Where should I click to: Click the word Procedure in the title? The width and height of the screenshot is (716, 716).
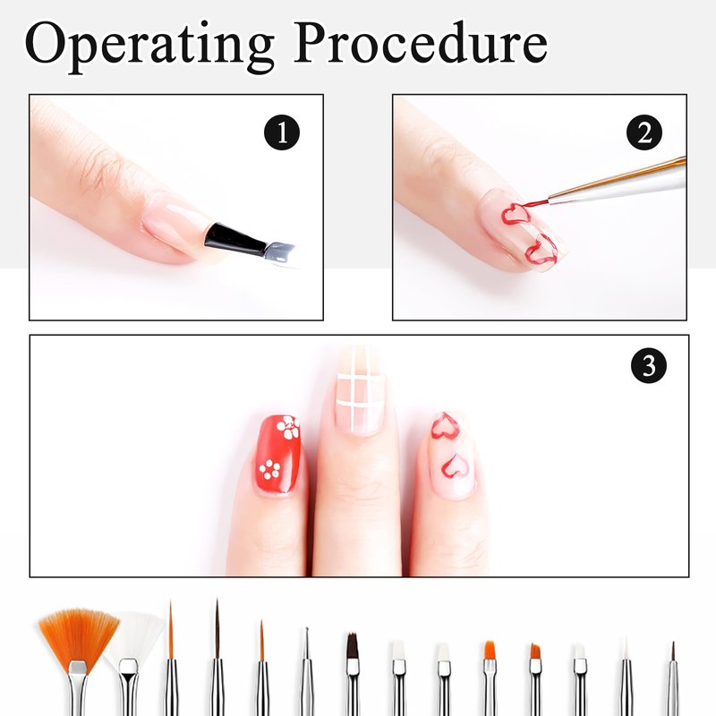[x=420, y=42]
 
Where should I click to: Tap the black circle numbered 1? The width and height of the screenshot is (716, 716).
[x=282, y=132]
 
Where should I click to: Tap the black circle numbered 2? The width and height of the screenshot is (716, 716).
[x=644, y=132]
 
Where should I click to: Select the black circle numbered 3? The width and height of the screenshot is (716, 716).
[x=649, y=366]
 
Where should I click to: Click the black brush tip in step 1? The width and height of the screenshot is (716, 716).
[x=234, y=239]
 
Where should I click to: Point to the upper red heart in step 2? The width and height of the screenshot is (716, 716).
[x=516, y=214]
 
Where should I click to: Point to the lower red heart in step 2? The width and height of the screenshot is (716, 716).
[x=541, y=250]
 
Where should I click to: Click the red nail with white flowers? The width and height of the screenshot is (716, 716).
[x=278, y=455]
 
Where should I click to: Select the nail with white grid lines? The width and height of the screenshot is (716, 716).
[x=360, y=390]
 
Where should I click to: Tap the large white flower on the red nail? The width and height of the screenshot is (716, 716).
[x=288, y=428]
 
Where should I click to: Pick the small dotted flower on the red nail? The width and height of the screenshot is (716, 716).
[x=269, y=470]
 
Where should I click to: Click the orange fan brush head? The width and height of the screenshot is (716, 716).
[x=78, y=635]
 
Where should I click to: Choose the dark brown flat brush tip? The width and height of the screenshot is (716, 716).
[x=352, y=645]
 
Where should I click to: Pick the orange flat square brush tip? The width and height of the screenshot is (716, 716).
[x=490, y=651]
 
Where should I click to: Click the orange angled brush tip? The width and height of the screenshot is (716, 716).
[x=535, y=652]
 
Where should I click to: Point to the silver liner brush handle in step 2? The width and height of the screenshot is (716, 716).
[x=618, y=185]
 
